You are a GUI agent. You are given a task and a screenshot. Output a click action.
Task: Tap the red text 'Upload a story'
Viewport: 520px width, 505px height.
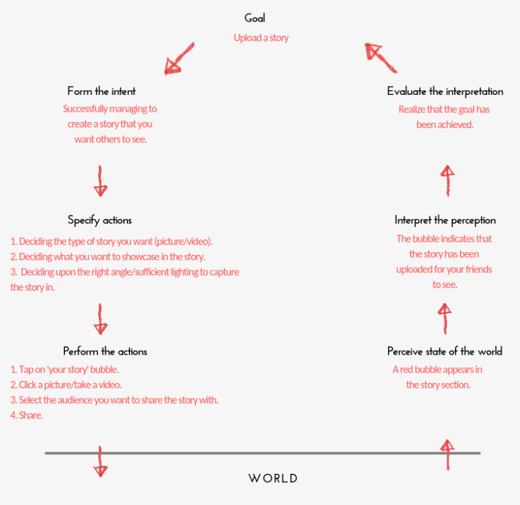pyautogui.click(x=261, y=38)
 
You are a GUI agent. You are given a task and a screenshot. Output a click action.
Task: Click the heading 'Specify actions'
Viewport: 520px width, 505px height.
pyautogui.click(x=100, y=220)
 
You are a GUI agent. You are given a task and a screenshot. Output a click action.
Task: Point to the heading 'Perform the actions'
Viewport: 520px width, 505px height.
pyautogui.click(x=105, y=351)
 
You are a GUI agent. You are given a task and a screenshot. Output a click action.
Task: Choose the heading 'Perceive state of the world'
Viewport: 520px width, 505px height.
pyautogui.click(x=445, y=351)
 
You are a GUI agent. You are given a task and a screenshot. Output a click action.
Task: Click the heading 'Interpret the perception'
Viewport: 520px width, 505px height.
pyautogui.click(x=445, y=220)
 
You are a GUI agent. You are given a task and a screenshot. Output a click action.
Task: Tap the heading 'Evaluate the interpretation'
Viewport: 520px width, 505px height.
pyautogui.click(x=445, y=91)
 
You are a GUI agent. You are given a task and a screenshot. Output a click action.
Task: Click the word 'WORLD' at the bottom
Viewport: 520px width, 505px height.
pyautogui.click(x=273, y=478)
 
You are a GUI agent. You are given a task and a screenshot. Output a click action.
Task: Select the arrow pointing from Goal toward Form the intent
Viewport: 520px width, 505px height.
pyautogui.click(x=179, y=59)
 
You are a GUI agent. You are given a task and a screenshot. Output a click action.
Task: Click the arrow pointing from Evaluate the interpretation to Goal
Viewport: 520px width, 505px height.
pyautogui.click(x=380, y=58)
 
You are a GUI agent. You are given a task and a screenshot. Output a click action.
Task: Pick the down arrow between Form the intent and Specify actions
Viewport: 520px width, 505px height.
pyautogui.click(x=101, y=181)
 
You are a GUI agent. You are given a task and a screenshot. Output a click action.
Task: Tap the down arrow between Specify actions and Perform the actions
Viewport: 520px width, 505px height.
pyautogui.click(x=101, y=319)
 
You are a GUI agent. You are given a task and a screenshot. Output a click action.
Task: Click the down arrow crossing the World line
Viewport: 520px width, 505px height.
pyautogui.click(x=100, y=462)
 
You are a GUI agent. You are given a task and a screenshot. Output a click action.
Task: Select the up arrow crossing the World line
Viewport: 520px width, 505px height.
pyautogui.click(x=446, y=454)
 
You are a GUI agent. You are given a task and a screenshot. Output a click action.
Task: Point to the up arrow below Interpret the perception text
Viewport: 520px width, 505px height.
pyautogui.click(x=445, y=318)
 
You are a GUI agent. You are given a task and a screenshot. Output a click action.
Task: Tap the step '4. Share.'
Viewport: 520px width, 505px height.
pyautogui.click(x=27, y=416)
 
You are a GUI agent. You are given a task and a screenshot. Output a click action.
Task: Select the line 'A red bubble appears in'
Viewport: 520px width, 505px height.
pyautogui.click(x=437, y=369)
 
